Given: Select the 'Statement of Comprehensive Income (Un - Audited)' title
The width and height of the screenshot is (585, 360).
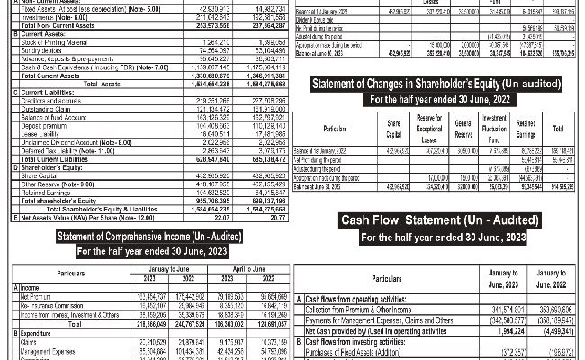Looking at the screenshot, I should pyautogui.click(x=148, y=236).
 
